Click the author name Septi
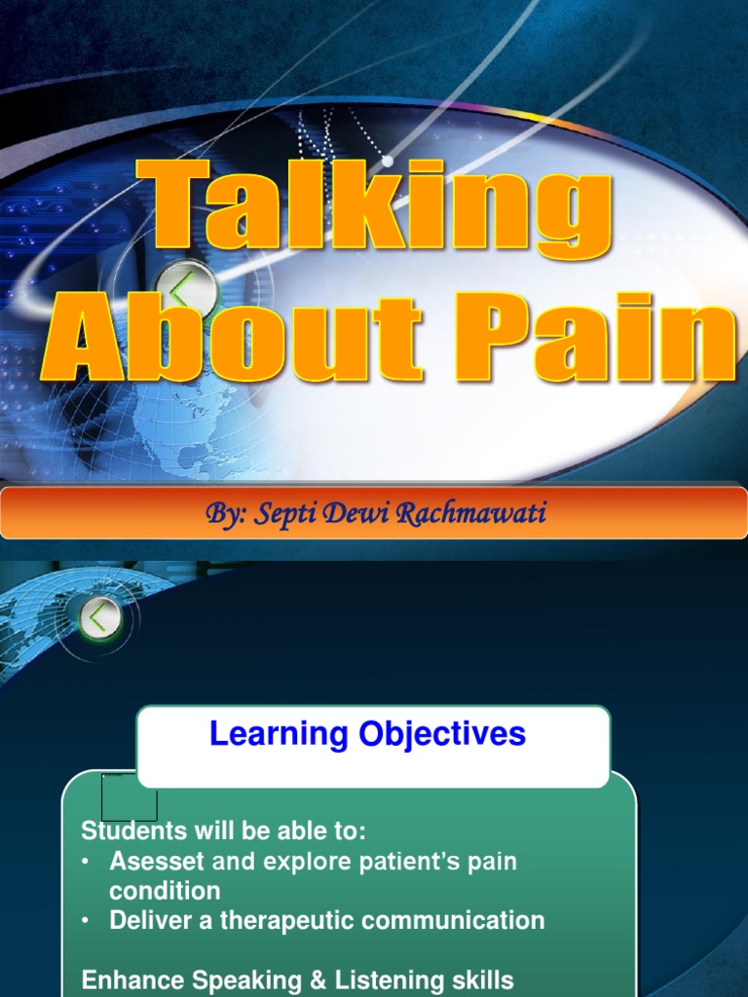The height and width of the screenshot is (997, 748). [283, 513]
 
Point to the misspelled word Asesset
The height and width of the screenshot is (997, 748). [156, 862]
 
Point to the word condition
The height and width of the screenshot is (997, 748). [165, 891]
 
